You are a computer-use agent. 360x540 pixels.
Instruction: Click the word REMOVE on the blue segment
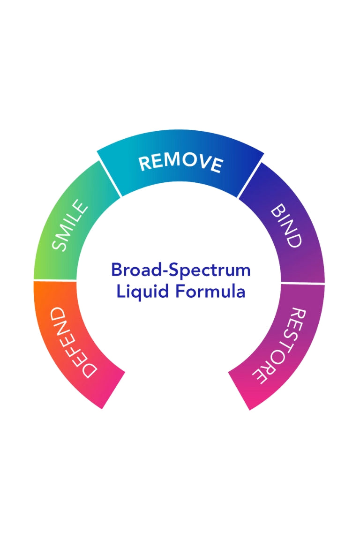180,162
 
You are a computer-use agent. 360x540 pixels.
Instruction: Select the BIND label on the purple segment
285,225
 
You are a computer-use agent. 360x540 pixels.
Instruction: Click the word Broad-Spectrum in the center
180,270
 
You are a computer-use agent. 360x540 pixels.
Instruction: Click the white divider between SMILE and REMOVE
109,179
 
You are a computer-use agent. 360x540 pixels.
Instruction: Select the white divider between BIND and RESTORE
302,284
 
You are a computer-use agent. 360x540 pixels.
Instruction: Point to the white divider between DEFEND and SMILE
55,281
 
